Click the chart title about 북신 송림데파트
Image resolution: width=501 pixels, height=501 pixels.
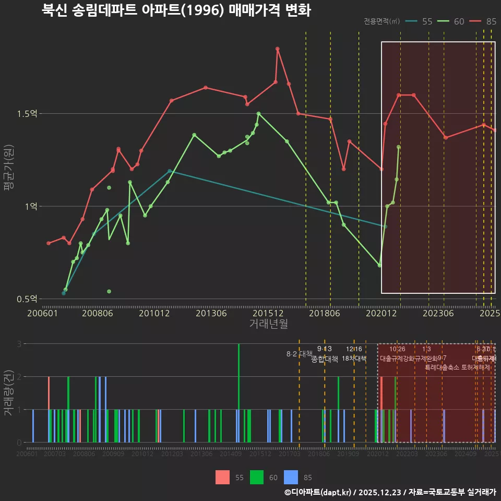pyautogui.click(x=176, y=10)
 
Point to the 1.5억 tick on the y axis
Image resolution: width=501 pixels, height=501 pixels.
pyautogui.click(x=31, y=114)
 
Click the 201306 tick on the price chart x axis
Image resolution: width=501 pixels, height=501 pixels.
pyautogui.click(x=211, y=314)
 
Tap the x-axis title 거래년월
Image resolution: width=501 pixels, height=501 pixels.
pyautogui.click(x=268, y=324)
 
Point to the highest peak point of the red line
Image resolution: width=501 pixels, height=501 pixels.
pyautogui.click(x=278, y=49)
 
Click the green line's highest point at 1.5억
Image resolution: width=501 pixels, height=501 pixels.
pyautogui.click(x=258, y=113)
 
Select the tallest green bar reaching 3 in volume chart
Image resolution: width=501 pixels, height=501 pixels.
pyautogui.click(x=239, y=392)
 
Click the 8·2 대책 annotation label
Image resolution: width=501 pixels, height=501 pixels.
pyautogui.click(x=299, y=354)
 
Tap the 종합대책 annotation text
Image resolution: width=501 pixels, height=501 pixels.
pyautogui.click(x=325, y=359)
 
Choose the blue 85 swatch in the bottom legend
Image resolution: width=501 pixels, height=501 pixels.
pyautogui.click(x=291, y=477)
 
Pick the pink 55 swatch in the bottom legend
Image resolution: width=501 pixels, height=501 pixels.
pyautogui.click(x=222, y=477)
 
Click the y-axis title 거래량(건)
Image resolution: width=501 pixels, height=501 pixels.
pyautogui.click(x=8, y=393)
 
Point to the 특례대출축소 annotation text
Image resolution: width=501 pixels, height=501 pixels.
pyautogui.click(x=443, y=367)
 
